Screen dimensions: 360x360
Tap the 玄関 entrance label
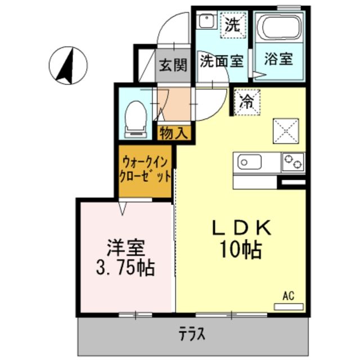172,65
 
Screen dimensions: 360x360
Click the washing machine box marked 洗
232,25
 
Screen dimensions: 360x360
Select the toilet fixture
135,118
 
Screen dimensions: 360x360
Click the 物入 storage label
174,133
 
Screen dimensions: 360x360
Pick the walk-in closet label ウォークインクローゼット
145,169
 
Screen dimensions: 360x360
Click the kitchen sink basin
250,162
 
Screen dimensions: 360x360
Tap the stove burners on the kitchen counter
292,161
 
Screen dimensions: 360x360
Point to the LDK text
241,228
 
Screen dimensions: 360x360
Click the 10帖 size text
242,249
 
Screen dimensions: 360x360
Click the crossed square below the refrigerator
285,131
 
